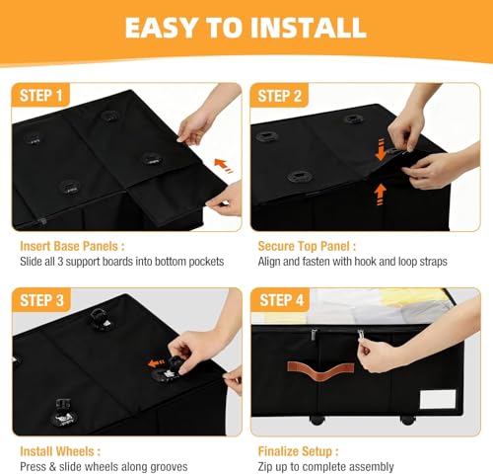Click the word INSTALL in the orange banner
pyautogui.click(x=309, y=28)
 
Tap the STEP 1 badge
pyautogui.click(x=40, y=95)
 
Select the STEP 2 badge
pyautogui.click(x=279, y=96)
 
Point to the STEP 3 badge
pyautogui.click(x=41, y=300)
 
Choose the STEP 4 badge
pyautogui.click(x=281, y=300)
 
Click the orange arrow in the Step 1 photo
pyautogui.click(x=223, y=165)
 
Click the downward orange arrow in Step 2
pyautogui.click(x=381, y=150)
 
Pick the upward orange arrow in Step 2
pyautogui.click(x=381, y=195)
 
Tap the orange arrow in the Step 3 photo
pyautogui.click(x=156, y=363)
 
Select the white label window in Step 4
pyautogui.click(x=438, y=399)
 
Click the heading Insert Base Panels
pyautogui.click(x=72, y=246)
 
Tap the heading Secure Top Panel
pyautogui.click(x=307, y=246)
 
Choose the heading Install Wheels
pyautogui.click(x=60, y=451)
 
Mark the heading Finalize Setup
pyautogui.click(x=298, y=451)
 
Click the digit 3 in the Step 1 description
pyautogui.click(x=60, y=262)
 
